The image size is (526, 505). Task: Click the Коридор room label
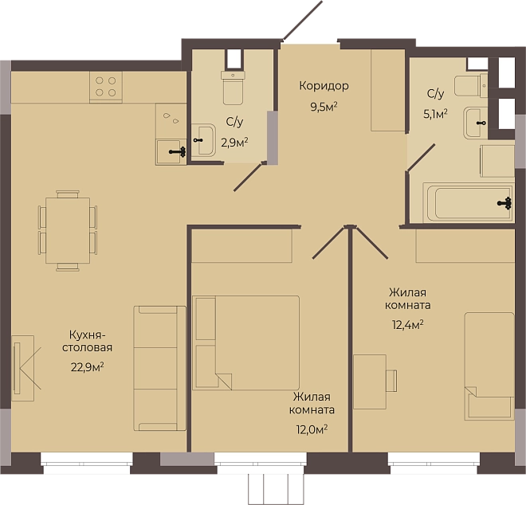tap(324, 87)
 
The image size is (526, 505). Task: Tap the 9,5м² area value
tap(324, 108)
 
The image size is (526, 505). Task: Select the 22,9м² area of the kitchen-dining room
tap(87, 367)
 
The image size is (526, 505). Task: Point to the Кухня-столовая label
tap(87, 341)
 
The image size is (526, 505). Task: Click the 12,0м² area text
tap(312, 429)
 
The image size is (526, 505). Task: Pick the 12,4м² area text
tap(407, 325)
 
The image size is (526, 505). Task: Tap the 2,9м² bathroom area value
tap(234, 143)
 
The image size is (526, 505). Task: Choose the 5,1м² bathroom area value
tap(435, 115)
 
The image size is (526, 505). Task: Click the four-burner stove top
tap(106, 87)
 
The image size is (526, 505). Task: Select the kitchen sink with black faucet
tap(171, 152)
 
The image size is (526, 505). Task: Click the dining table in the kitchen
tap(68, 231)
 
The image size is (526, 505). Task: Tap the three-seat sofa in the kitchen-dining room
tap(159, 368)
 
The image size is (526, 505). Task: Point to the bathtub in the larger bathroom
tap(468, 202)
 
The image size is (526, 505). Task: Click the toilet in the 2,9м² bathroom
tap(233, 88)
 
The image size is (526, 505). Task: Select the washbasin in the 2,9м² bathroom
tap(203, 140)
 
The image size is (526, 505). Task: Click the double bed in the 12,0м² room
tap(246, 343)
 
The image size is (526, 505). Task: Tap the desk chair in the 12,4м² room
tap(391, 381)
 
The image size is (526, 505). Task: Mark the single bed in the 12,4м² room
tap(489, 366)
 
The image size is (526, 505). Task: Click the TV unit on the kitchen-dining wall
tap(23, 368)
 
